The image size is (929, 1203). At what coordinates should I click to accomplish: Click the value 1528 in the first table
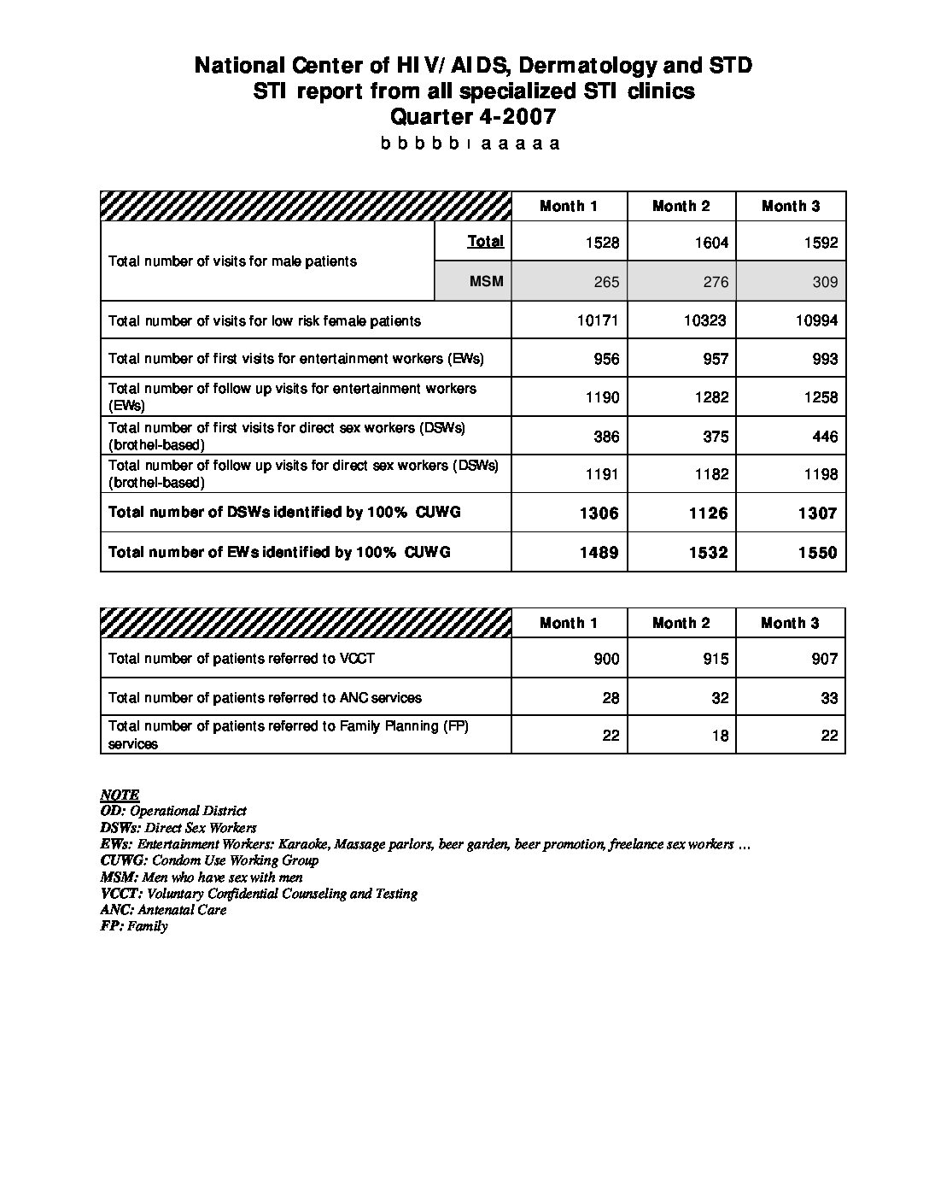click(x=602, y=243)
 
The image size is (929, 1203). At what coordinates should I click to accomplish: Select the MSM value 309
click(x=825, y=282)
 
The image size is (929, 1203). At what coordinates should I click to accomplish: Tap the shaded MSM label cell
click(x=486, y=282)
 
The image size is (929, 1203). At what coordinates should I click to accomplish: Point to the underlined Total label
click(x=485, y=241)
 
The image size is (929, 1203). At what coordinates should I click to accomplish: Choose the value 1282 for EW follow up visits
click(x=711, y=397)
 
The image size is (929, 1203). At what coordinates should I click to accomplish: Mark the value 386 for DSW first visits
click(x=606, y=437)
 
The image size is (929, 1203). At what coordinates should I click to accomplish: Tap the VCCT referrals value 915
click(x=716, y=659)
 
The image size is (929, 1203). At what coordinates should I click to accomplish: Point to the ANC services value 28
click(x=611, y=698)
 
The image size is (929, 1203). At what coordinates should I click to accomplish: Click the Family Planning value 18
click(x=720, y=736)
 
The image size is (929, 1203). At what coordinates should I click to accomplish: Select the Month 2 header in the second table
click(x=681, y=623)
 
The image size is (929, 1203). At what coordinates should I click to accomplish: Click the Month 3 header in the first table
click(x=791, y=206)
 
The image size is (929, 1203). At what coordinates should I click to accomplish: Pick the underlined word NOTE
click(x=120, y=795)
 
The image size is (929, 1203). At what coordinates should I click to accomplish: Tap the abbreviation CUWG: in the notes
click(x=125, y=860)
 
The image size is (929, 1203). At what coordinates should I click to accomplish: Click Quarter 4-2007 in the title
click(x=473, y=116)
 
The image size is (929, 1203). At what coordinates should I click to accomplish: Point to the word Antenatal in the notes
click(x=167, y=910)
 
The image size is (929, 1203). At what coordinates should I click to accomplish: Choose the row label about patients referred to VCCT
click(x=242, y=659)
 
